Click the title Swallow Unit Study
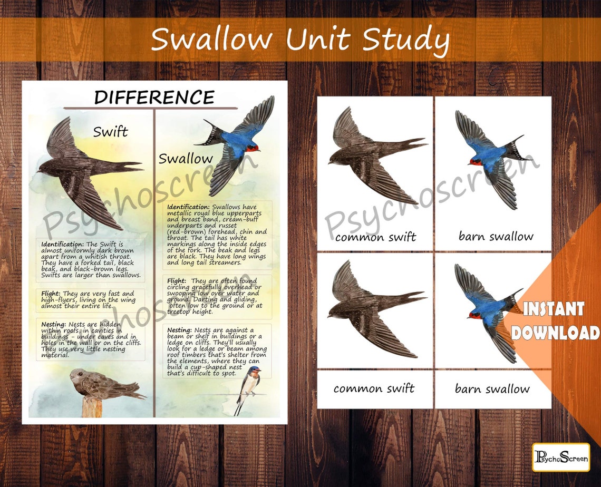pos(300,40)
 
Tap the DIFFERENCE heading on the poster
pos(154,98)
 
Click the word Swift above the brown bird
pos(110,131)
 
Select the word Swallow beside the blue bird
pos(186,158)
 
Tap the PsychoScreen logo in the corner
pos(560,457)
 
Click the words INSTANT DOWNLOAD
pos(555,321)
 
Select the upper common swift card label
pos(375,237)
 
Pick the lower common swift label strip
pos(374,389)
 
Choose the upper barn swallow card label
pos(496,236)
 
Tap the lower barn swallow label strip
pos(492,389)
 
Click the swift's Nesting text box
pos(90,339)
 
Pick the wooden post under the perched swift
pos(92,407)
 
